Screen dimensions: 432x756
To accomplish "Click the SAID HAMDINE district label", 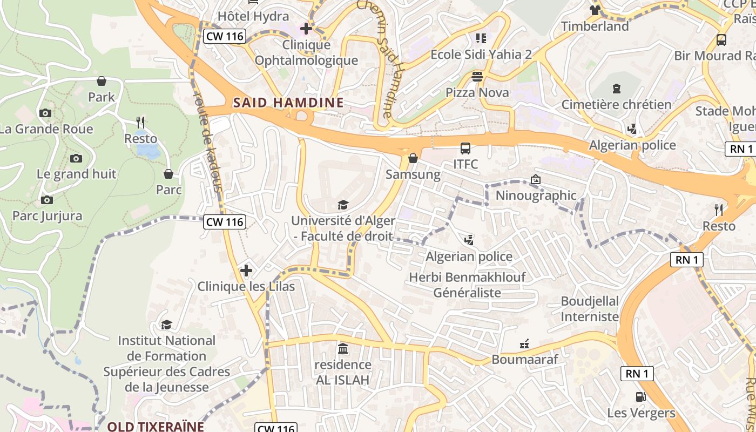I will (288, 103).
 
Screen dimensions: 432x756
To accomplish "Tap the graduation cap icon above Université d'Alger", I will (343, 205).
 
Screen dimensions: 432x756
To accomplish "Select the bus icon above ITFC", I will (465, 148).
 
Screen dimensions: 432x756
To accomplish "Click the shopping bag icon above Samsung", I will (413, 158).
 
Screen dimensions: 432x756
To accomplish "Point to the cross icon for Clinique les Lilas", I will (246, 270).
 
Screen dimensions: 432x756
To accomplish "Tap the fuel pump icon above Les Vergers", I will (641, 397).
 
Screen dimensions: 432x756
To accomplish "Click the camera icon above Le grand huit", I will (76, 158).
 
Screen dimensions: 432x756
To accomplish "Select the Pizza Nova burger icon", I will (477, 76).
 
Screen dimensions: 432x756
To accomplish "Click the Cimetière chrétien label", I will (616, 104).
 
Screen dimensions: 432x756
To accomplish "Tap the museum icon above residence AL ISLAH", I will (343, 348).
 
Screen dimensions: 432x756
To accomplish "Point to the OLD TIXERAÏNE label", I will (156, 426).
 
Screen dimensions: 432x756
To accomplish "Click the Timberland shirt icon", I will (595, 10).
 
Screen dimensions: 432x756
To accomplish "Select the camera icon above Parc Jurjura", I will (47, 200).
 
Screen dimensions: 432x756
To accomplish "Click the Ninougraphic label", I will (536, 195).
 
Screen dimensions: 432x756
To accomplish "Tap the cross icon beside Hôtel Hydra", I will (306, 28).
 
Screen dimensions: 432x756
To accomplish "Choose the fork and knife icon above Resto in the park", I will (141, 122).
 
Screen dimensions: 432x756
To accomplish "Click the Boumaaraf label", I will (524, 359).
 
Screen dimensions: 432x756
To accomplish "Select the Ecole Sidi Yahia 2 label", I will (481, 54).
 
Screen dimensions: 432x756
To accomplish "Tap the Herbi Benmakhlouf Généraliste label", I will (467, 285).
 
